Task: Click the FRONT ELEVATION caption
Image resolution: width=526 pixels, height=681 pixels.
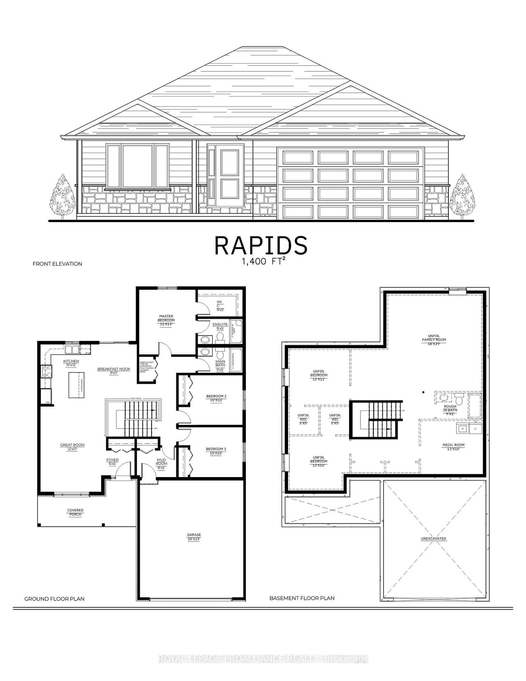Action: click(57, 264)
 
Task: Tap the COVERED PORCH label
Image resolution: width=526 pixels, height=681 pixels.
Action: click(75, 512)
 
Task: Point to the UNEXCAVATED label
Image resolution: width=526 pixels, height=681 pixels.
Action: click(433, 539)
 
